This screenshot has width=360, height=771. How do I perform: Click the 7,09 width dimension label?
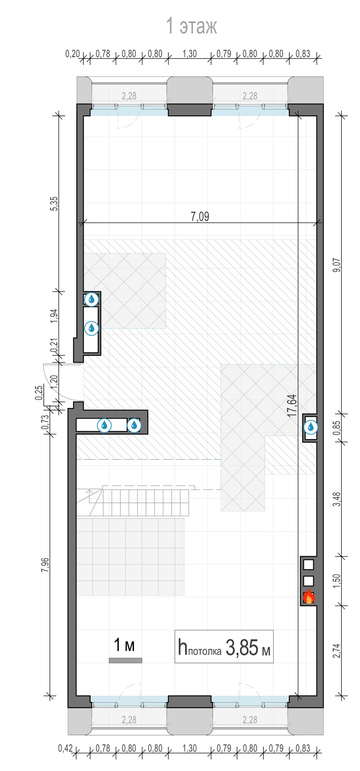(200, 216)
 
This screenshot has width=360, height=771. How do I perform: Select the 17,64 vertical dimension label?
(292, 406)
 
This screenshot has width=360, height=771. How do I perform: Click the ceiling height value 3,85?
(242, 647)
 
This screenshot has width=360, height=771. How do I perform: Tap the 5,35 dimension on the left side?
(54, 204)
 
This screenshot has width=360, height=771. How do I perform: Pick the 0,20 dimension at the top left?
(72, 54)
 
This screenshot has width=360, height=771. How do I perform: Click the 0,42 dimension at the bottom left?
(65, 748)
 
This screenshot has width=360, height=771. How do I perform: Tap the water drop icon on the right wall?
(311, 427)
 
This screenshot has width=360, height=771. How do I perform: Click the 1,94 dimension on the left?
(54, 316)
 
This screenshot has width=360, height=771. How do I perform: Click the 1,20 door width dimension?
(54, 382)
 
